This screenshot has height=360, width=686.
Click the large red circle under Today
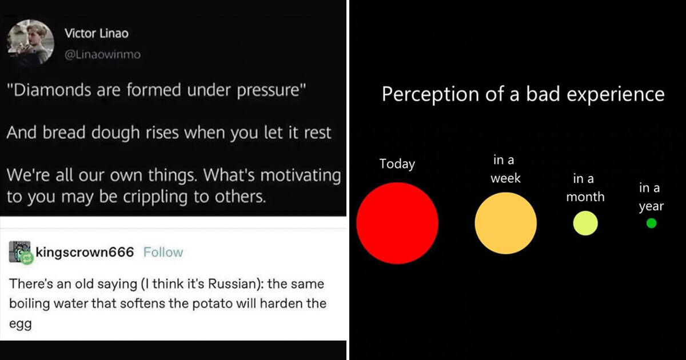pos(397,223)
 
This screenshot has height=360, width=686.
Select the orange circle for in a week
pos(505,223)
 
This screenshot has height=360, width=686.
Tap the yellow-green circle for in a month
pos(585,223)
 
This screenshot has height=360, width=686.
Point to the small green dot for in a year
pos(651,223)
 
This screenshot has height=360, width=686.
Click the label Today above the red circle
pos(397,164)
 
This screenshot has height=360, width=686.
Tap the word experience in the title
pos(616,94)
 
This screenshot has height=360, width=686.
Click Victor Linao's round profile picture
pos(30,43)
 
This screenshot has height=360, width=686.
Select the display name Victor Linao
pos(97,33)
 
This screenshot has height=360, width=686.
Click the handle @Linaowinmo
pos(102,54)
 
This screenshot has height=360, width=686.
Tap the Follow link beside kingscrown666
pos(163,252)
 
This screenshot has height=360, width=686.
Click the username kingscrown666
pos(85,252)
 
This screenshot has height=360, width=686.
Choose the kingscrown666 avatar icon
pos(20,252)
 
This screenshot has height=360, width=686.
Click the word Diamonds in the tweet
pos(52,90)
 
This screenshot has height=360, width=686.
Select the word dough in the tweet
pos(115,133)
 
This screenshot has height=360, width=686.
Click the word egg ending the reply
pos(20,325)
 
